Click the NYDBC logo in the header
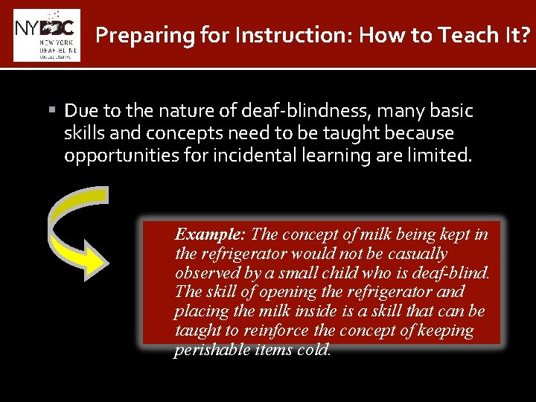pyautogui.click(x=47, y=34)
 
